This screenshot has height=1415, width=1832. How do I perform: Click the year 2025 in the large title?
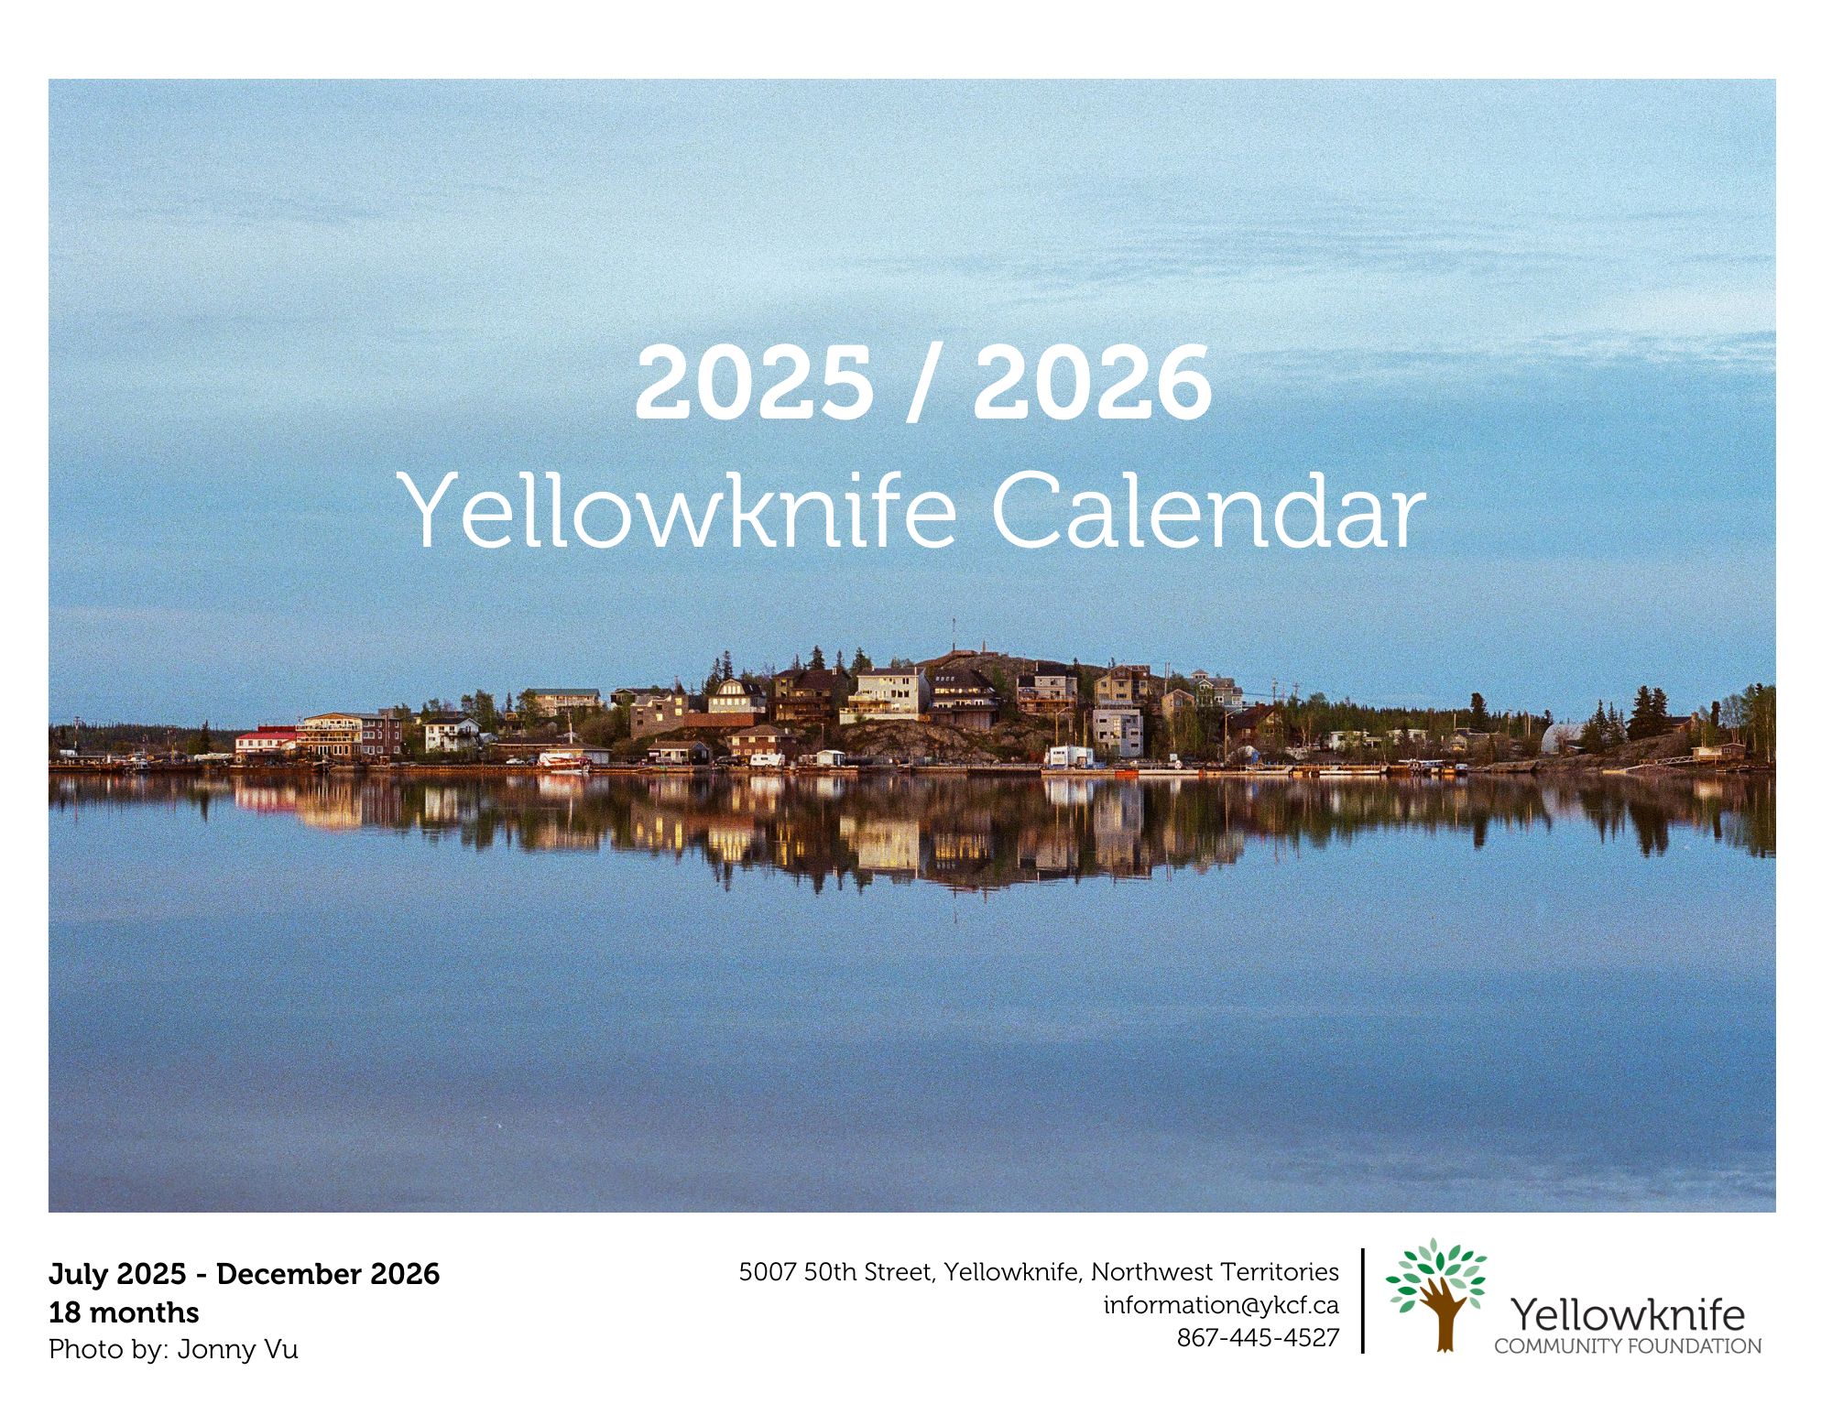coord(753,383)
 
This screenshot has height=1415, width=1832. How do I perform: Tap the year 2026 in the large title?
coord(1092,383)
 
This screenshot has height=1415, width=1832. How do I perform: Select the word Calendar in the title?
coord(1208,510)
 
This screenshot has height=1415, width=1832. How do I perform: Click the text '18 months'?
coord(124,1312)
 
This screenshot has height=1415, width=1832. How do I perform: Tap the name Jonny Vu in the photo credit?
coord(238,1350)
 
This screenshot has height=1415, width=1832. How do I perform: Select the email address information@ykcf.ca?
coord(1221,1305)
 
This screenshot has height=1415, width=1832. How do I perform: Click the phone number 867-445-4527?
coord(1258,1338)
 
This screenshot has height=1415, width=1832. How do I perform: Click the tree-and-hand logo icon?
coord(1435,1295)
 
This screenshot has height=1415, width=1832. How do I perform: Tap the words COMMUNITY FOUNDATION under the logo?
coord(1628,1346)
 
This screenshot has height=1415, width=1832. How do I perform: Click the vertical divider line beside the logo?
coord(1363,1301)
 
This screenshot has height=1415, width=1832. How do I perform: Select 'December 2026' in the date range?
coord(328,1274)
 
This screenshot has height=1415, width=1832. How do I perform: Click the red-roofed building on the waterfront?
coord(266,740)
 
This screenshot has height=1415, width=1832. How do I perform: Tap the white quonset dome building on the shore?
coord(1562,738)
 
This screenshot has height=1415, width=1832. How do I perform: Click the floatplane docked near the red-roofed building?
coord(563,760)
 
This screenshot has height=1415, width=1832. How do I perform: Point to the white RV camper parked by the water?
coord(767,759)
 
